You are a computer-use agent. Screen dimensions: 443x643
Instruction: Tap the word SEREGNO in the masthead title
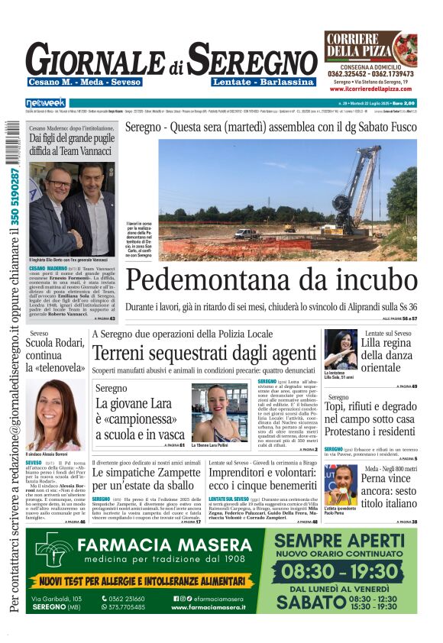pos(252,59)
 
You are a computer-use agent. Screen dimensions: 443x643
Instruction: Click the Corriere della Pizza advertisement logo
pos(370,50)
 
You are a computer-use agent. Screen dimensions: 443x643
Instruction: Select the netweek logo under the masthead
pos(46,103)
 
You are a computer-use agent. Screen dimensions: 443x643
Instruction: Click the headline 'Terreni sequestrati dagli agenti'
pos(203,354)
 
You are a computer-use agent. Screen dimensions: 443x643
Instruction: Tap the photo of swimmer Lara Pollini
pos(220,412)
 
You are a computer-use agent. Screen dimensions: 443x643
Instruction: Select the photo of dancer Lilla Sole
pos(341,349)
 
